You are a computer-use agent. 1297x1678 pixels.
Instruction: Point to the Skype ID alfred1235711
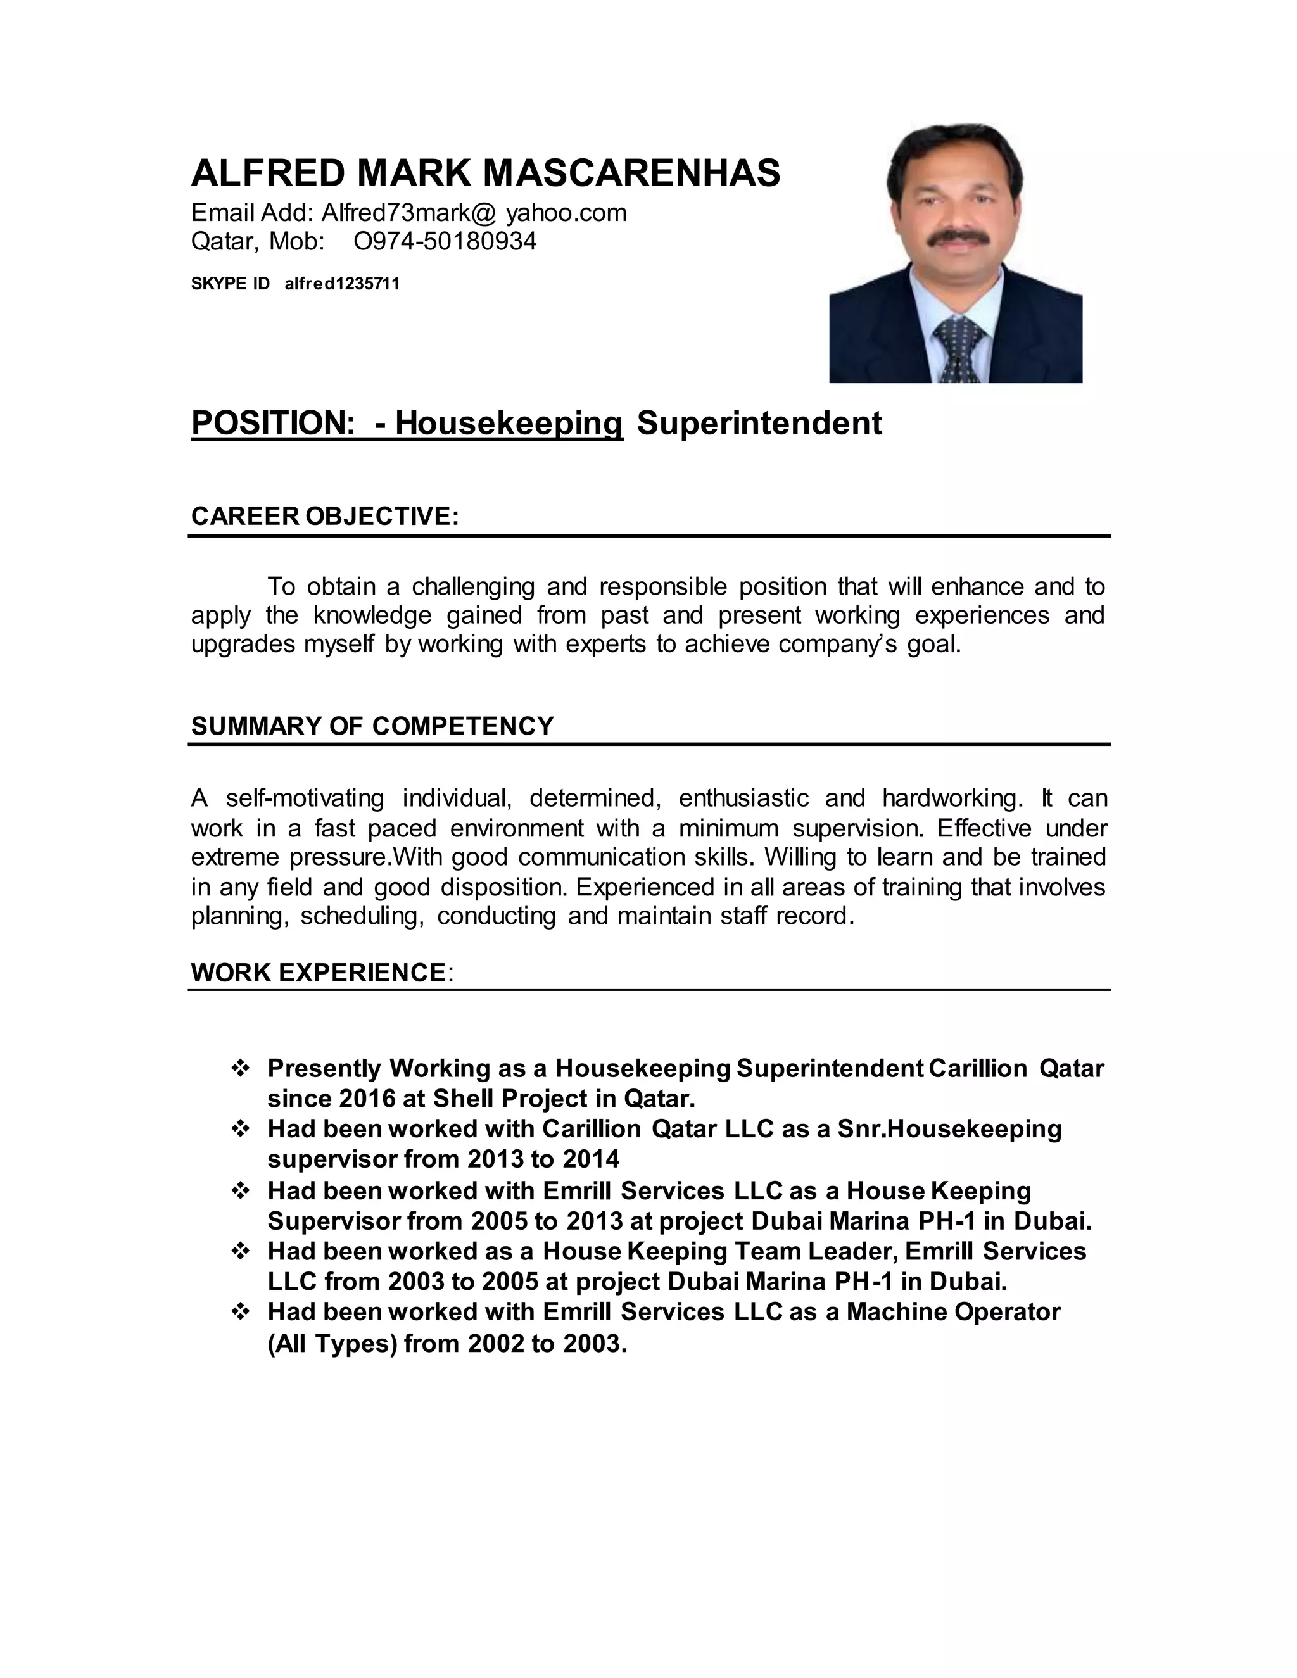click(342, 284)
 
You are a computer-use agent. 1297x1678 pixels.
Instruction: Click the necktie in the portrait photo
click(957, 350)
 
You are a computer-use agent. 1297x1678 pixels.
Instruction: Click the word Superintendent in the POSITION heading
click(759, 424)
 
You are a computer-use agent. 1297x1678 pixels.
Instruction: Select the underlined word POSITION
click(272, 424)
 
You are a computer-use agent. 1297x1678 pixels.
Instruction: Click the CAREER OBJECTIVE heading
click(324, 515)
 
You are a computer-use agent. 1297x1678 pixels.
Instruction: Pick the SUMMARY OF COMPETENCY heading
click(372, 726)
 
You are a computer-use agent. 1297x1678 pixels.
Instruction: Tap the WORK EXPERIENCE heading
click(318, 973)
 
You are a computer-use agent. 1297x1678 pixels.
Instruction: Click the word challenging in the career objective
click(472, 587)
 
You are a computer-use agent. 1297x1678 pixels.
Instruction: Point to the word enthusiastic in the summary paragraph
click(743, 798)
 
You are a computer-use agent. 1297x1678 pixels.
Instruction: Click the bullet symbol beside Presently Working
click(241, 1069)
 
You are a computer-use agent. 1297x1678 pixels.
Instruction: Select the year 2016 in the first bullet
click(367, 1099)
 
